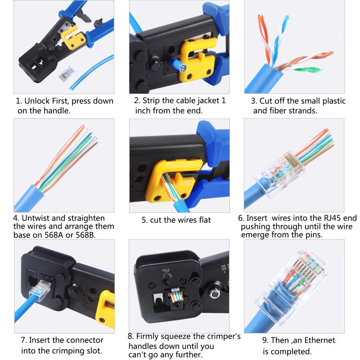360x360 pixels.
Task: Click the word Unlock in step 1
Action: (36, 101)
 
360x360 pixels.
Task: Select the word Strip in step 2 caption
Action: (155, 101)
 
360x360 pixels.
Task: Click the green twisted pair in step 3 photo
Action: (307, 69)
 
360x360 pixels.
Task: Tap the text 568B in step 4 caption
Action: (102, 234)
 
